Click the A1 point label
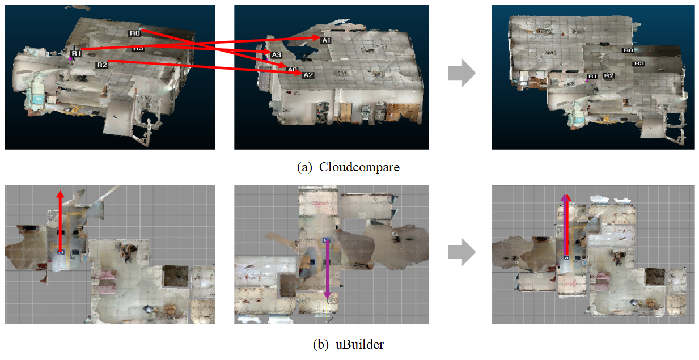pos(326,40)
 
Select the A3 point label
pos(276,54)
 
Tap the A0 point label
pos(292,70)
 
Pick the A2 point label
pos(308,75)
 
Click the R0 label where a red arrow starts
pos(134,33)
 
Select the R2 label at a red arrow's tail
pos(101,65)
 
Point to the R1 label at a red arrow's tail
pos(77,53)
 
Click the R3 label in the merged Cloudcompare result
pos(639,63)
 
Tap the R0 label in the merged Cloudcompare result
pos(628,50)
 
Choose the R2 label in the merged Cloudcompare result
pos(609,75)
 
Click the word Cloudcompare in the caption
pos(359,167)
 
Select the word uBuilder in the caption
pos(364,344)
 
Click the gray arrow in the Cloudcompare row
pos(461,74)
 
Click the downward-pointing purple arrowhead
pos(327,295)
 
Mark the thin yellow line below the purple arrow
pos(328,311)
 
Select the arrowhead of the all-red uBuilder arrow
pos(61,194)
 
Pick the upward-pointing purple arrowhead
pos(565,196)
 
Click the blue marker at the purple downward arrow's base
pos(326,240)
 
